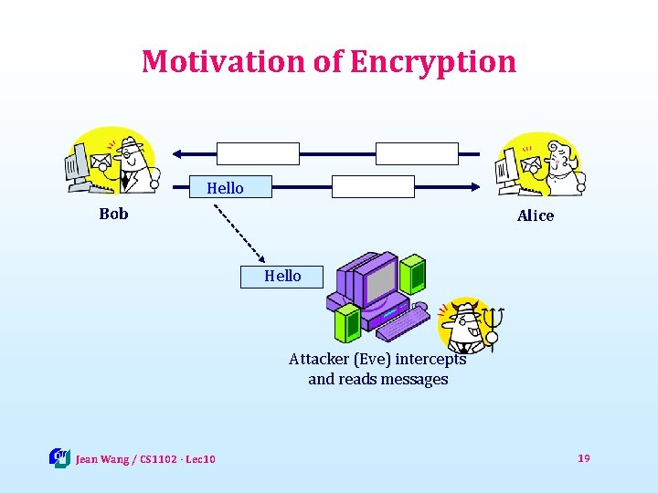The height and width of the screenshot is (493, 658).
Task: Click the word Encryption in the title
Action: (432, 62)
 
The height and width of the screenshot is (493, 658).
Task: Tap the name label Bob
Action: (113, 215)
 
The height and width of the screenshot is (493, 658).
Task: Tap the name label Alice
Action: (535, 215)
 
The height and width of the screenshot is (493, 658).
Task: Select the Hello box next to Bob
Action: (226, 187)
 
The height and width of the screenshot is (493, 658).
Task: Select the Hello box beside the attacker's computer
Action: (281, 276)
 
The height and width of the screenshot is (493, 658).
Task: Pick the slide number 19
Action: (584, 457)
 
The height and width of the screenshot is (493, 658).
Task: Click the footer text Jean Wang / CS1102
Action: (145, 458)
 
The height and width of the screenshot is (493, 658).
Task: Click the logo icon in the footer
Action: (59, 457)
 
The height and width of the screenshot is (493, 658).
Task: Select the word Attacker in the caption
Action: (318, 359)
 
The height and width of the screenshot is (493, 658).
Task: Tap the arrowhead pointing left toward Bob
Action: (180, 152)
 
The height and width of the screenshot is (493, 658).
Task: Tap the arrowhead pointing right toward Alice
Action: (474, 186)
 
